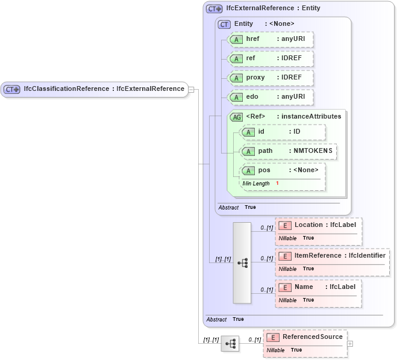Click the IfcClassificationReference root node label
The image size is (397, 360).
[x=104, y=89]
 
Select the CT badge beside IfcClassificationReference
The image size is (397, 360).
[x=12, y=89]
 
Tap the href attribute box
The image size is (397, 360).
[x=270, y=39]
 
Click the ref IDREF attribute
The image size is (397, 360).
[x=270, y=58]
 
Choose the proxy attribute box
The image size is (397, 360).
[x=270, y=78]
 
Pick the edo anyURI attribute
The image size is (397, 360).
[x=270, y=97]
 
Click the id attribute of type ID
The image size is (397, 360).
[x=283, y=132]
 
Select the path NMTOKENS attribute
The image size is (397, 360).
[x=288, y=151]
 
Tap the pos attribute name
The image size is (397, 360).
[x=264, y=170]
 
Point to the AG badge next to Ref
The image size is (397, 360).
[x=236, y=117]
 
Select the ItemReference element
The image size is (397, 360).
[x=332, y=256]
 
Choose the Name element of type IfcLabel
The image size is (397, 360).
[x=318, y=287]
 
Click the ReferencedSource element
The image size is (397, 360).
[x=312, y=337]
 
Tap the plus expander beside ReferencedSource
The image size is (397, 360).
[x=350, y=344]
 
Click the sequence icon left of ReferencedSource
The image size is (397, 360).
[x=230, y=344]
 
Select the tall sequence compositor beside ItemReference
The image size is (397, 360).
[x=242, y=263]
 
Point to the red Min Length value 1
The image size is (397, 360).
[x=277, y=183]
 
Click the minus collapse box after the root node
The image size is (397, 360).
[x=191, y=89]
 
